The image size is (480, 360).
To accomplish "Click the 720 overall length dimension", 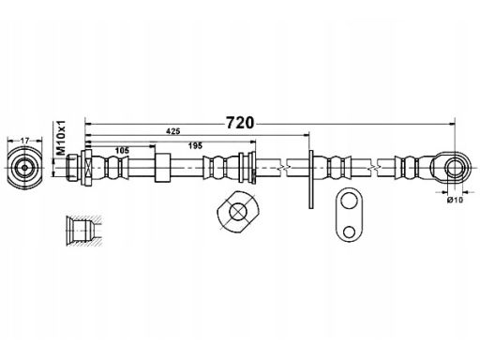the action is point(240,123).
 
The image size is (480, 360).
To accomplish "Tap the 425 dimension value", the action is point(173,131).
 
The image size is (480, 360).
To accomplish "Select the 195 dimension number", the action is point(195,145).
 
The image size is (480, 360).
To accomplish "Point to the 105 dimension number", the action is point(122,151).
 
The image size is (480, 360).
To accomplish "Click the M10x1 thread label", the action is point(61,137).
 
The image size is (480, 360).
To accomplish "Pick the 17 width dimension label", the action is point(24,141).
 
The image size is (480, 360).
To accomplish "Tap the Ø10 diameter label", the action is point(455,200).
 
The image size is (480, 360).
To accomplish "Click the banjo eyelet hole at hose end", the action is point(454,168).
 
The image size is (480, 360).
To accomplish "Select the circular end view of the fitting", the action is point(24,168).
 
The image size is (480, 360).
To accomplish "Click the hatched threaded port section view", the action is point(83,231).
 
